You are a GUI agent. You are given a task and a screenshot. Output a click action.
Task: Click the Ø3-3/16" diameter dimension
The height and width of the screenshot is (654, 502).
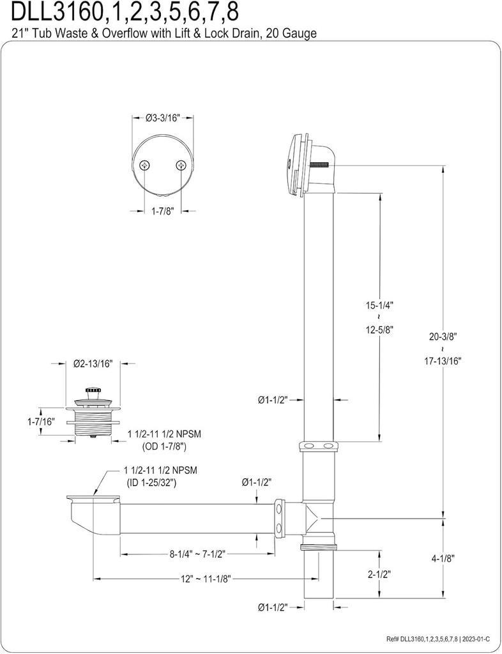click(162, 118)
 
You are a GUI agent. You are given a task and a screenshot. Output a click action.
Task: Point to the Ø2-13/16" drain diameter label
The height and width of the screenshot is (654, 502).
click(93, 363)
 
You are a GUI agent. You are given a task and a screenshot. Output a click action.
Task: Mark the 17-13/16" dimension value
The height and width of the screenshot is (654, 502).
click(442, 360)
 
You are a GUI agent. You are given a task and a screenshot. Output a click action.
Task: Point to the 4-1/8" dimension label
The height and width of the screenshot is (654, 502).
click(442, 557)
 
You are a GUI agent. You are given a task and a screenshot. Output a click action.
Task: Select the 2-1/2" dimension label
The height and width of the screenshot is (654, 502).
click(380, 574)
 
